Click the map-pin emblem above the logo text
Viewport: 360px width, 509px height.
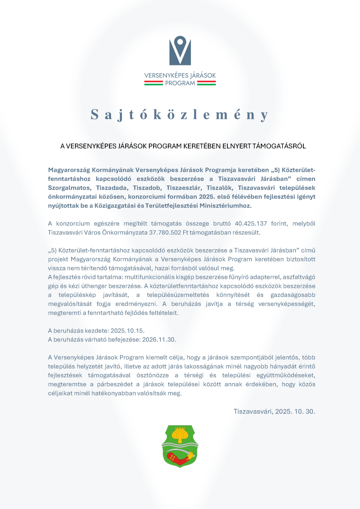[x=180, y=50]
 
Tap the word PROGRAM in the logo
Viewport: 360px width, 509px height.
[x=180, y=83]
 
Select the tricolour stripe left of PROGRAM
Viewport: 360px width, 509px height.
[x=153, y=83]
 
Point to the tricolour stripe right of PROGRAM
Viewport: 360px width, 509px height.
[x=206, y=83]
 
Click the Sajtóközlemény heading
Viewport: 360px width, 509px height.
[x=180, y=115]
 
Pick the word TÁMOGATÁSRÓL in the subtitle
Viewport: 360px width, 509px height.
[x=279, y=146]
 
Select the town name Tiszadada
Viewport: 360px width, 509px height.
[x=112, y=188]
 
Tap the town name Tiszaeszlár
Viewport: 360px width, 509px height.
[x=184, y=188]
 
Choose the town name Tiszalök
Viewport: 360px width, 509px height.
[x=219, y=188]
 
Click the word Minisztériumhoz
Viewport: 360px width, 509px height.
[x=225, y=206]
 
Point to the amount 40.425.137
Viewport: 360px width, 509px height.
[x=251, y=224]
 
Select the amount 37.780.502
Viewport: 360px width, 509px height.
[x=165, y=233]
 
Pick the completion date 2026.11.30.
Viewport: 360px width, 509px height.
[x=159, y=340]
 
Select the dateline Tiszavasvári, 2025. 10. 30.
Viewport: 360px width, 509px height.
[x=274, y=412]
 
